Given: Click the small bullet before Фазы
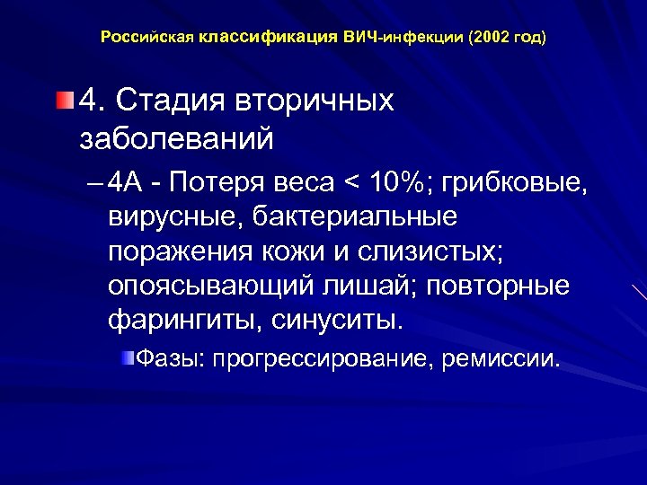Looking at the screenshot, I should (129, 358).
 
